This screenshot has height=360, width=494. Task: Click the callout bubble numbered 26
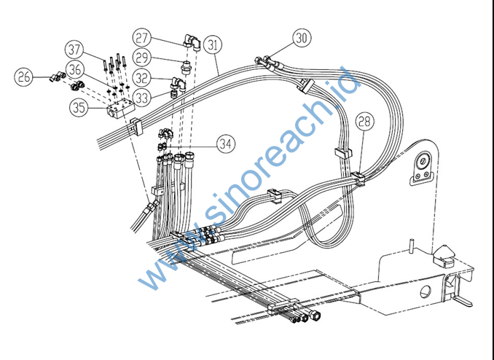coord(23,77)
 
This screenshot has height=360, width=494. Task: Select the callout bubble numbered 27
coord(141,38)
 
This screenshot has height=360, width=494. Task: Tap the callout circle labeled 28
coord(365,122)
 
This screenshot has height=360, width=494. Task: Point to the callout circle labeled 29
coord(142,58)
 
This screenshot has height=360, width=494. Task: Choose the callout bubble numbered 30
coord(302,38)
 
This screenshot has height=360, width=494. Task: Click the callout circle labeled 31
coord(213,44)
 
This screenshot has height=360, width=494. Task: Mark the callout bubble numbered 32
coord(142,78)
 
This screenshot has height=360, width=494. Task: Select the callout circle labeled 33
coord(142,98)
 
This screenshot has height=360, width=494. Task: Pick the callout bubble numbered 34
coord(226,144)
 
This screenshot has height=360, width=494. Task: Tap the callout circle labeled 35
coord(79,107)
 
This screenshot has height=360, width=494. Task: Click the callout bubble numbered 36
coord(75,70)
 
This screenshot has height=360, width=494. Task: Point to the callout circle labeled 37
coord(74,50)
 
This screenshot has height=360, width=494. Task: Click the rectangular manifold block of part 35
coord(121,108)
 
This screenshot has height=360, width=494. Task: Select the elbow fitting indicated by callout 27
coord(192,42)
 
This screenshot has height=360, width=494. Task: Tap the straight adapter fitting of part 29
coord(187,67)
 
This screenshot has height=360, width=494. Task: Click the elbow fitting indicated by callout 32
coord(179,84)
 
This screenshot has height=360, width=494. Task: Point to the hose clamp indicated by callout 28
coord(358,179)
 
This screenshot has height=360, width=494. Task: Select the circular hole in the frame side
coord(426,291)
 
